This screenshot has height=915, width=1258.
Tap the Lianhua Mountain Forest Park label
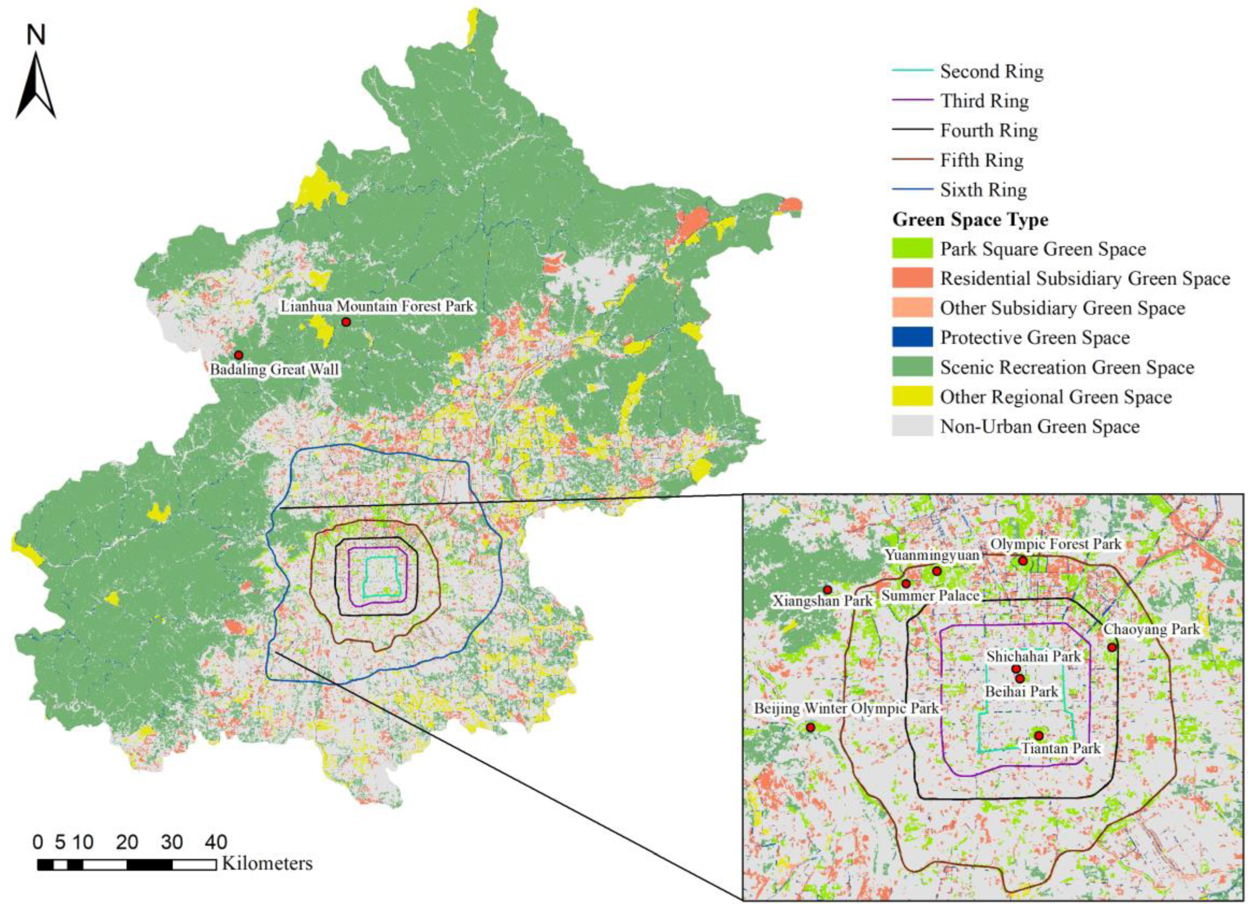click(x=377, y=306)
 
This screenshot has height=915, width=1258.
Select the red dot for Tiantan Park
click(x=1039, y=735)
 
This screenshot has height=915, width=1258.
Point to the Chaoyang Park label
click(x=1151, y=630)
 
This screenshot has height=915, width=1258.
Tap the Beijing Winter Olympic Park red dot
click(x=810, y=727)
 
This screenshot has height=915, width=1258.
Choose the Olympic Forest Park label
click(x=1056, y=544)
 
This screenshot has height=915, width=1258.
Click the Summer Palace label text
click(x=930, y=596)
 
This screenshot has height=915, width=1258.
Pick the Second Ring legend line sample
click(x=912, y=71)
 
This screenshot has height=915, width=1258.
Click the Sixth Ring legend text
click(x=983, y=190)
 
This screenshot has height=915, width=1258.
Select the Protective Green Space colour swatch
click(x=912, y=337)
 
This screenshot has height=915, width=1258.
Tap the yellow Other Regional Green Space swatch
click(x=912, y=397)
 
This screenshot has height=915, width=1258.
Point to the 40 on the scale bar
click(x=216, y=842)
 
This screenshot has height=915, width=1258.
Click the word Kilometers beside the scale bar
click(x=267, y=863)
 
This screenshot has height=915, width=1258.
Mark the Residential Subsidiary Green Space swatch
click(x=912, y=278)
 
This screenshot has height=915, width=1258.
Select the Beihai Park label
click(x=1021, y=692)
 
